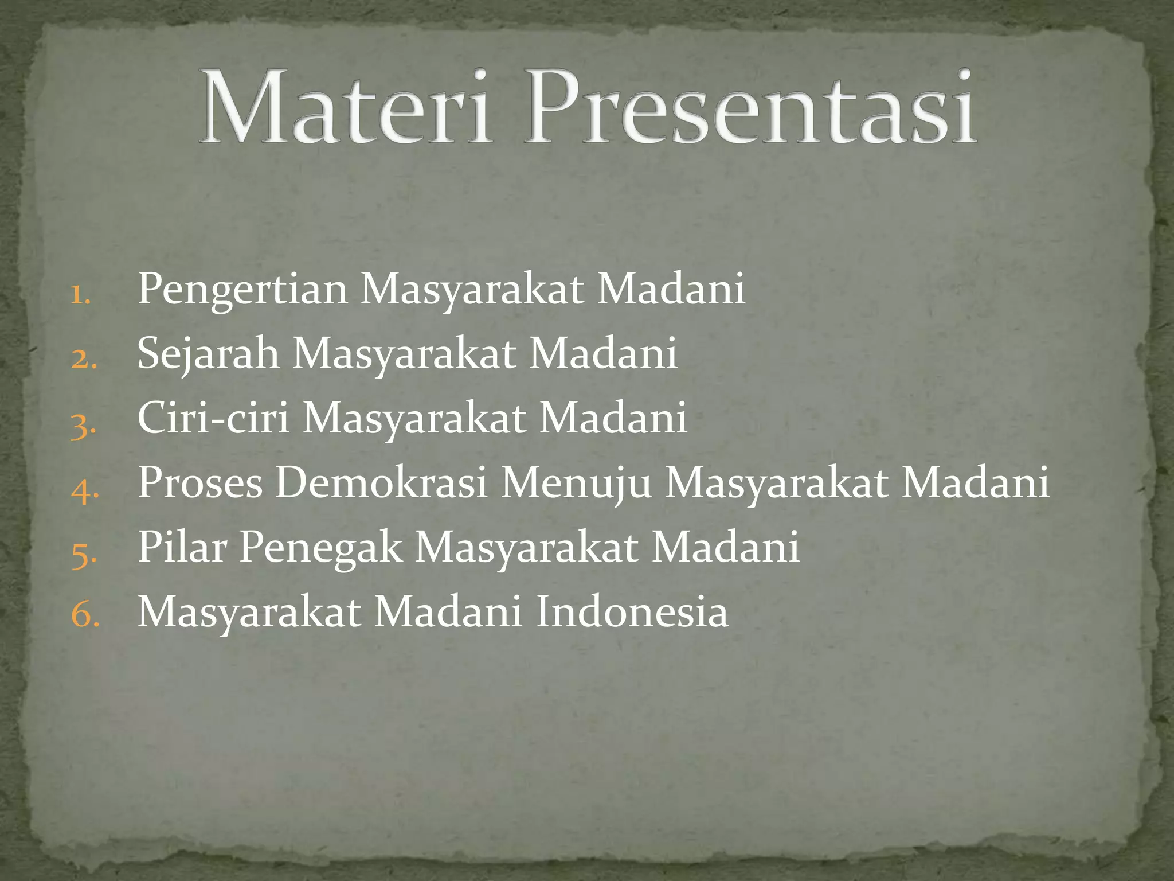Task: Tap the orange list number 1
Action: (81, 295)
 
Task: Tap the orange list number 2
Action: (84, 360)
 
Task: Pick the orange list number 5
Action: (84, 555)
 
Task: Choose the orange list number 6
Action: (85, 615)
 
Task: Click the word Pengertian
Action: (242, 290)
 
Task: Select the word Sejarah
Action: (208, 354)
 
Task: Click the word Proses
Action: (200, 483)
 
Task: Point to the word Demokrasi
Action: (381, 483)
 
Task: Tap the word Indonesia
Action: (632, 612)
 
